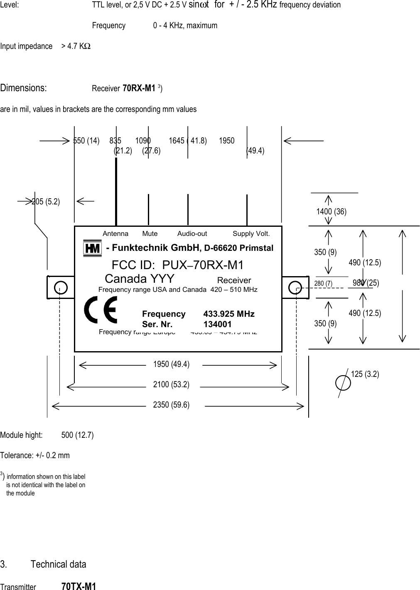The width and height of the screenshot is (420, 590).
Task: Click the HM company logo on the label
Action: pos(92,248)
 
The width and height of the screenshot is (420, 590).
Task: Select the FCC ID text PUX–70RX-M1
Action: pos(178,265)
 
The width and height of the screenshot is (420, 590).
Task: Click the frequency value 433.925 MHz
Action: pos(229,314)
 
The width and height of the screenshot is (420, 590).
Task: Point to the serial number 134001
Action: pos(217,324)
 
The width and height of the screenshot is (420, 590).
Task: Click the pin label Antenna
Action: pos(115,234)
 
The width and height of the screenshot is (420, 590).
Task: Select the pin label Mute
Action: pos(150,234)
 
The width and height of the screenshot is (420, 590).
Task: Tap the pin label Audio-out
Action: pos(192,234)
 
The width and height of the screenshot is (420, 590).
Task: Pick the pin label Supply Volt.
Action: pos(251,234)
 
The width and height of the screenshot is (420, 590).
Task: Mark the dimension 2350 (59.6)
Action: pos(171,405)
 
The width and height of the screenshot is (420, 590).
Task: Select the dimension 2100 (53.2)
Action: pos(171,385)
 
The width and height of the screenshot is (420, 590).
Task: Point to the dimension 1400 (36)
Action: pos(331,211)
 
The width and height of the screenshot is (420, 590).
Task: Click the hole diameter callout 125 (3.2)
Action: pos(365,374)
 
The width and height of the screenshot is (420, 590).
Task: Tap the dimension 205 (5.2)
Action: pos(46,202)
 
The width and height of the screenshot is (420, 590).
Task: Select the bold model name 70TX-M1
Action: pos(79,586)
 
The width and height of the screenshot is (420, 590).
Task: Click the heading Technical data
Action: pos(58,564)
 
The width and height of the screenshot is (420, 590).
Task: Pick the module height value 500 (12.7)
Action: pos(77,435)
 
